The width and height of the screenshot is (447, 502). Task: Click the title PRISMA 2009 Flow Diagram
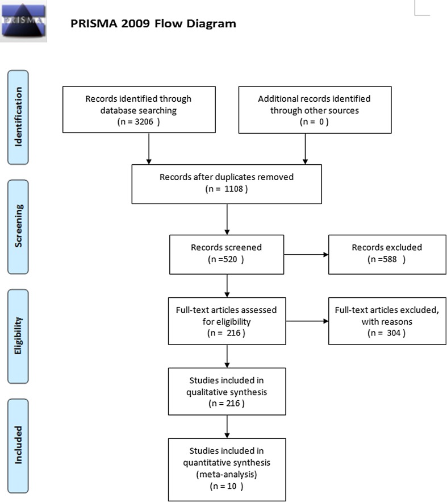coord(153,24)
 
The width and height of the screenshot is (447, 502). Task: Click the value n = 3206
coord(139,121)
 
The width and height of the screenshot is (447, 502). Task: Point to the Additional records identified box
coord(315,110)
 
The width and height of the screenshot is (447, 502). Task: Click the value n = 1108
coord(226,188)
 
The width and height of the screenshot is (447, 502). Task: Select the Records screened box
coord(226,254)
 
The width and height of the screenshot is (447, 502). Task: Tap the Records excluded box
coord(386,254)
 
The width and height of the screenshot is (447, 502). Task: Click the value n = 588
coord(386,259)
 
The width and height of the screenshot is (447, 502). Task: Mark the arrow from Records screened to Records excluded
coord(306,254)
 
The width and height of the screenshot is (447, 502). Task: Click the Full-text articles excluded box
coord(386,321)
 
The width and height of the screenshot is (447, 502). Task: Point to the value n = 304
coord(386,333)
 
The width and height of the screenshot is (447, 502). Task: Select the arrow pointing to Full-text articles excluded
coord(306,321)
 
